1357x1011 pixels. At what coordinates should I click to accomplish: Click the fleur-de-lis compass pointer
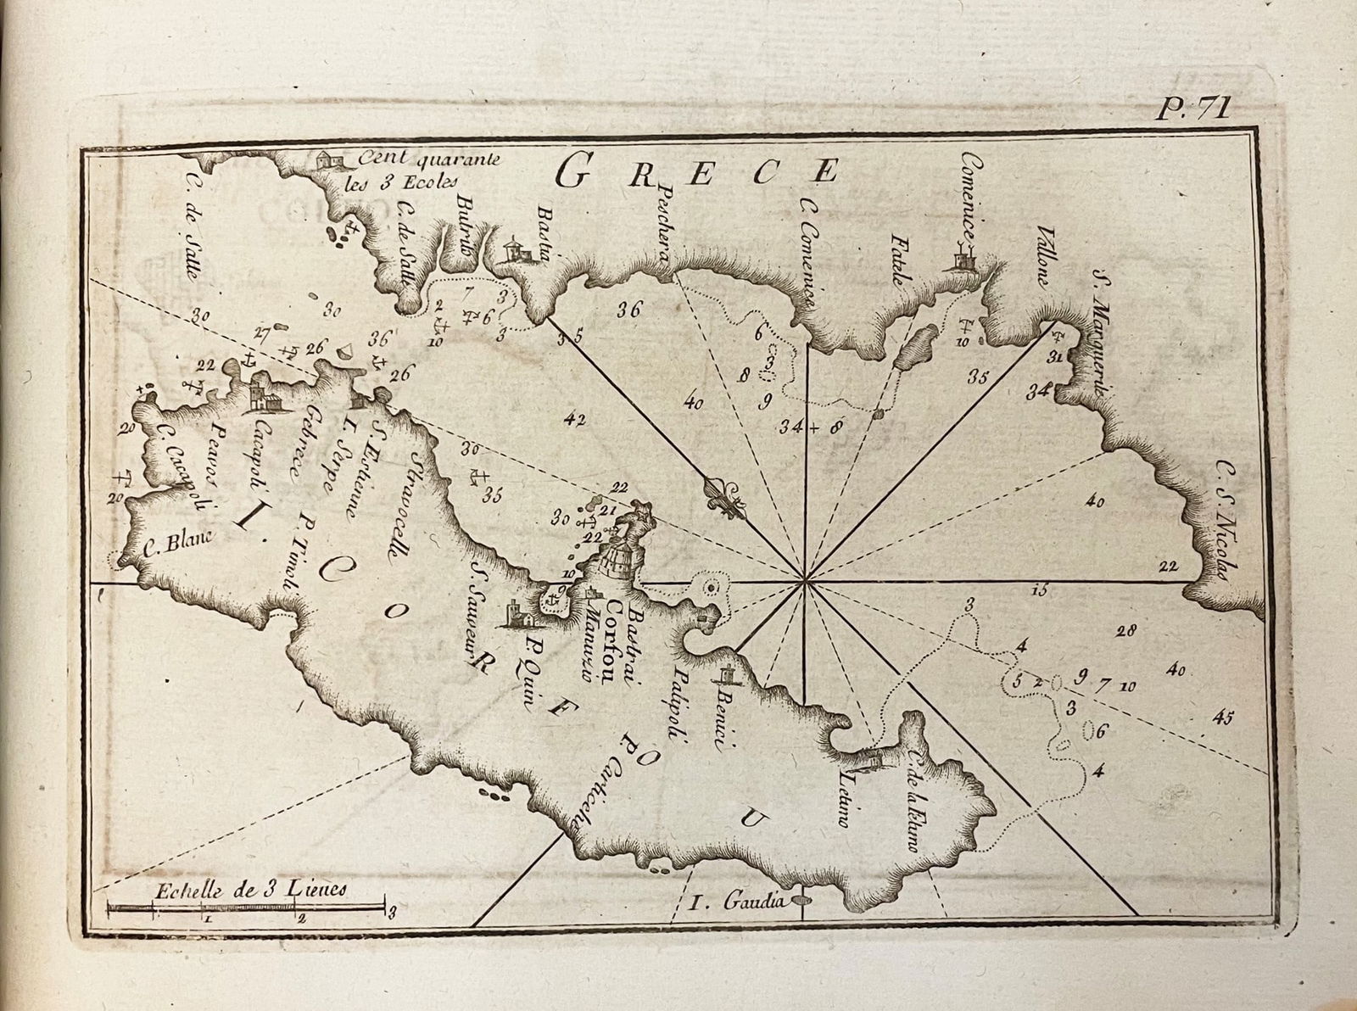[726, 500]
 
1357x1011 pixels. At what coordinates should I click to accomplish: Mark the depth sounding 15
[1040, 589]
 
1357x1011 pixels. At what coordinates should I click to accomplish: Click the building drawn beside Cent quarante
[326, 159]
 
